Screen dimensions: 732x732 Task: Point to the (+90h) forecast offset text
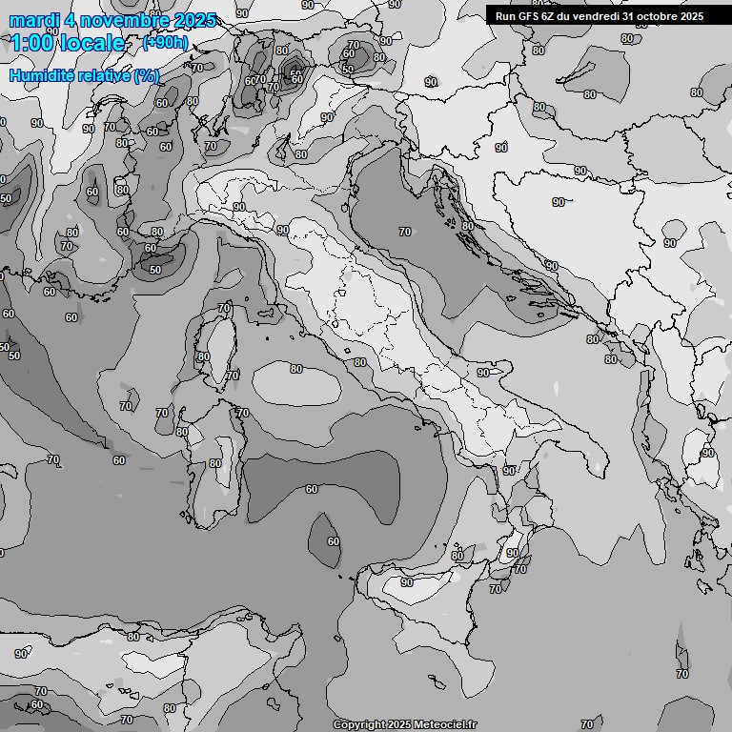tap(165, 44)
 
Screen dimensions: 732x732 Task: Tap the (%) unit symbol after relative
tap(147, 75)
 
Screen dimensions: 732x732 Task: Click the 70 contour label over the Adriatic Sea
tap(405, 232)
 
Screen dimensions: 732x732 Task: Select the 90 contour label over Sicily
tap(407, 581)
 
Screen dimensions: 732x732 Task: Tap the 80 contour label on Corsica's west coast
tap(203, 356)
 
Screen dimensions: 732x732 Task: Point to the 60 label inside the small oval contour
tap(334, 541)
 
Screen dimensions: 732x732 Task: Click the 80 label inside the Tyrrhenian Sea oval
tap(296, 369)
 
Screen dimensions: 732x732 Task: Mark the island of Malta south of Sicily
tap(439, 681)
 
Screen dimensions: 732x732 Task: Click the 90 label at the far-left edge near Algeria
tap(21, 654)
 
